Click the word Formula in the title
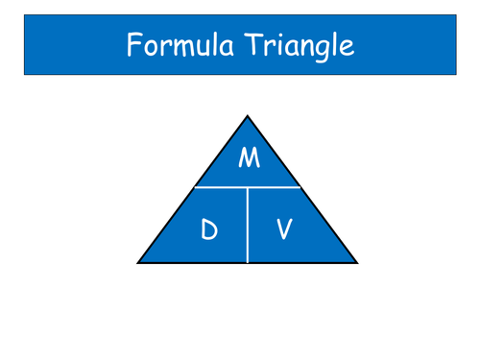pyautogui.click(x=175, y=45)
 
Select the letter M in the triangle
pyautogui.click(x=249, y=157)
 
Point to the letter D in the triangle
pyautogui.click(x=209, y=230)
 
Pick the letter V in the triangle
pyautogui.click(x=284, y=230)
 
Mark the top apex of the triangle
pyautogui.click(x=248, y=115)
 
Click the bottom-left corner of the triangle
pyautogui.click(x=137, y=262)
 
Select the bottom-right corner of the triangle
pyautogui.click(x=358, y=262)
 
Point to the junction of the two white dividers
pyautogui.click(x=248, y=187)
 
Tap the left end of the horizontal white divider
pyautogui.click(x=194, y=187)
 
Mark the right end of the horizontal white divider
pyautogui.click(x=301, y=187)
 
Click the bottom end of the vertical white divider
pyautogui.click(x=248, y=262)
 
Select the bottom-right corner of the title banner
pyautogui.click(x=456, y=75)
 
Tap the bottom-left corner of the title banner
pyautogui.click(x=24, y=75)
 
